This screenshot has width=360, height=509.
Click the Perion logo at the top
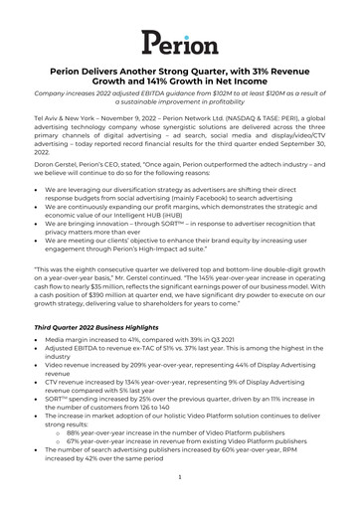point(180,42)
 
